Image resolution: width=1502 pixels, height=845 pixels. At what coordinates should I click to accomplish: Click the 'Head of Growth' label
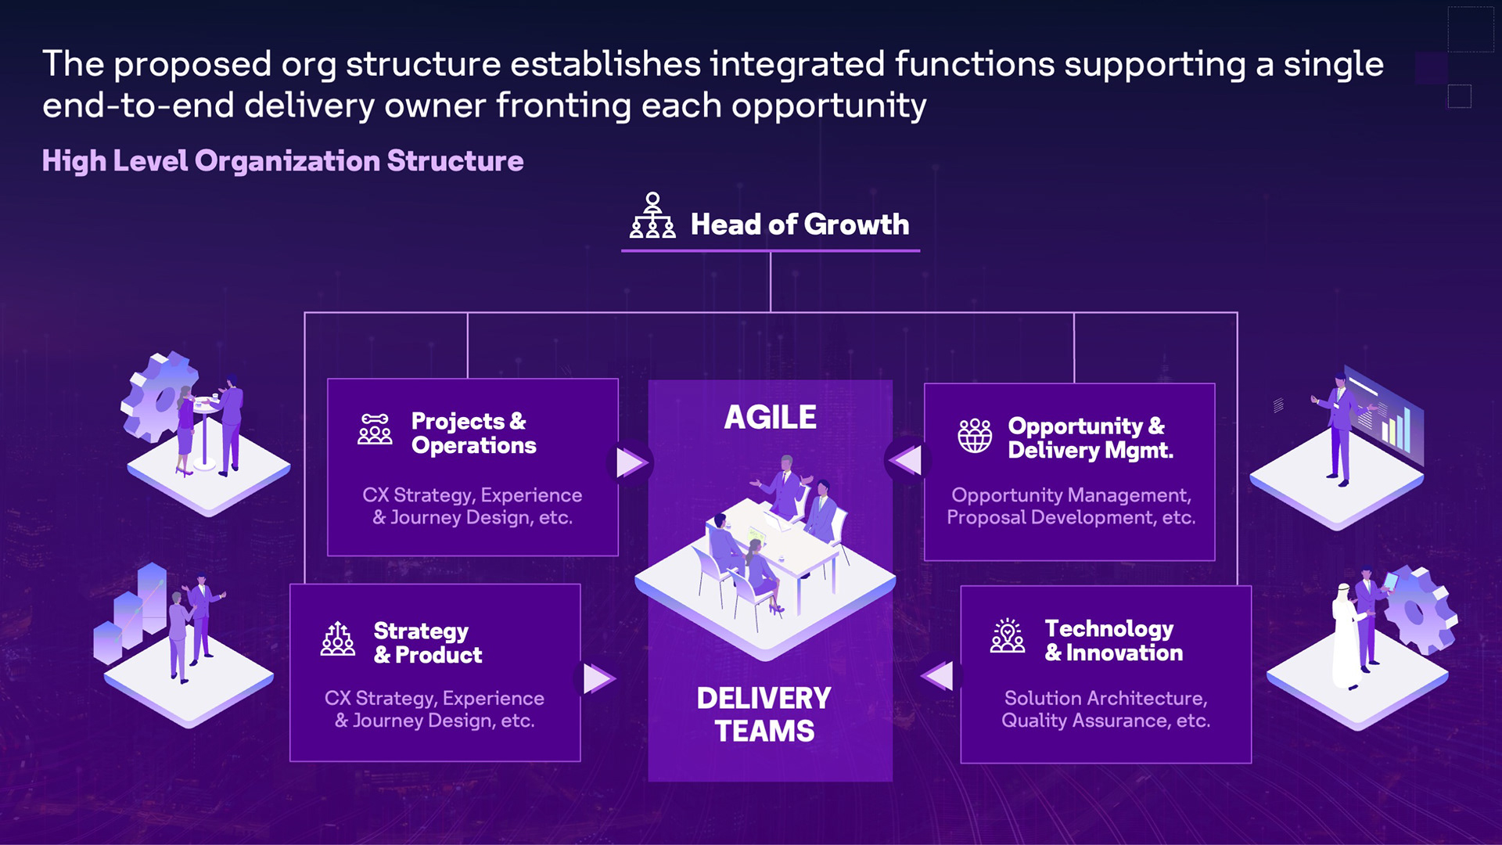[800, 225]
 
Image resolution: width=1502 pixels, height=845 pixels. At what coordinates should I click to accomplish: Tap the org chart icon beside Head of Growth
[652, 216]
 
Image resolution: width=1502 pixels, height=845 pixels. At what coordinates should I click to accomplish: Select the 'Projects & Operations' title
[473, 433]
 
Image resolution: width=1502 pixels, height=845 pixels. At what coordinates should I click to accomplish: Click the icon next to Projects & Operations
[375, 430]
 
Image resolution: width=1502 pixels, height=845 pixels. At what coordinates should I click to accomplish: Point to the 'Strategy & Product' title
[427, 642]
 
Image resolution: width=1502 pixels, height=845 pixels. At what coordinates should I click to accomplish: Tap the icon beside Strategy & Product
[338, 639]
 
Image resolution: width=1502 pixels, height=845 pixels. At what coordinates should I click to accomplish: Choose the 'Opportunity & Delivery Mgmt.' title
[1090, 437]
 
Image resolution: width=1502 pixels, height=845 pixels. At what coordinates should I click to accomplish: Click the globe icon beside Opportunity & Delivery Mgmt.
[975, 435]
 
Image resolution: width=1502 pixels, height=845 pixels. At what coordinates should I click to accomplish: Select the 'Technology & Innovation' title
[1113, 640]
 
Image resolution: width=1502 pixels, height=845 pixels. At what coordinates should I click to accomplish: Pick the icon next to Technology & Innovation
[1008, 636]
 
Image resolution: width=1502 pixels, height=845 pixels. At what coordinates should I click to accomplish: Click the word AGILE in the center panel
[770, 417]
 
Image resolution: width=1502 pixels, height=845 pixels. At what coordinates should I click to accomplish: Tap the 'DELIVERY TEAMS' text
[764, 714]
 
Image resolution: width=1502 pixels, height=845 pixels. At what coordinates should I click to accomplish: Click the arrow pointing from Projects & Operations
[630, 462]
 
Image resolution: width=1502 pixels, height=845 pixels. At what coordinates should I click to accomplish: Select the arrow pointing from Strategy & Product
[597, 678]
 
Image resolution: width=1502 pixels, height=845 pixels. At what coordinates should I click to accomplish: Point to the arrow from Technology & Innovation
[939, 676]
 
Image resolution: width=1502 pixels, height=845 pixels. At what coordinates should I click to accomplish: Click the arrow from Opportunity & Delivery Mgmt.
[907, 460]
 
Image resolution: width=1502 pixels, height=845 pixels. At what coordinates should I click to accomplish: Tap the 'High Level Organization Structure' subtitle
[282, 160]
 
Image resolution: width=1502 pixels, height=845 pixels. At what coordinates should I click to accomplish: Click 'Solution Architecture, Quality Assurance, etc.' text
[1105, 709]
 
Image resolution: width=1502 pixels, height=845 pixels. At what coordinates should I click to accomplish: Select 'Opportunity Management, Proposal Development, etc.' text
[1070, 506]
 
